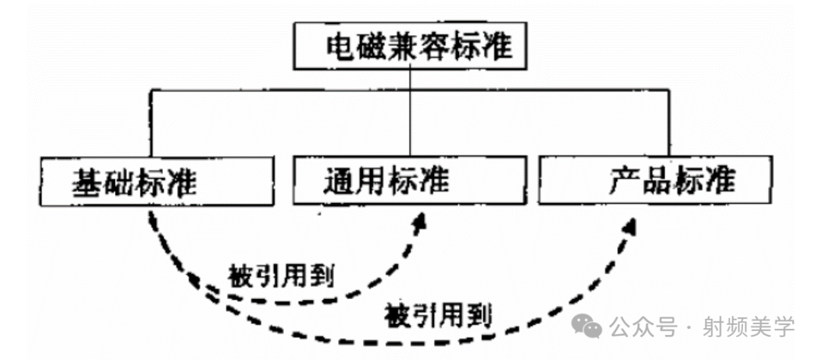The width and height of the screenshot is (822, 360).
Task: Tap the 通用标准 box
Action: [x=409, y=181]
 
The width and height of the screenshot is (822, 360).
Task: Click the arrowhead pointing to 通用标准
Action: [x=419, y=221]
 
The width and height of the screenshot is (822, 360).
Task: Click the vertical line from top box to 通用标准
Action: [x=411, y=114]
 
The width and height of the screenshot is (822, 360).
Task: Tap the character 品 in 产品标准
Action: [x=657, y=180]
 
